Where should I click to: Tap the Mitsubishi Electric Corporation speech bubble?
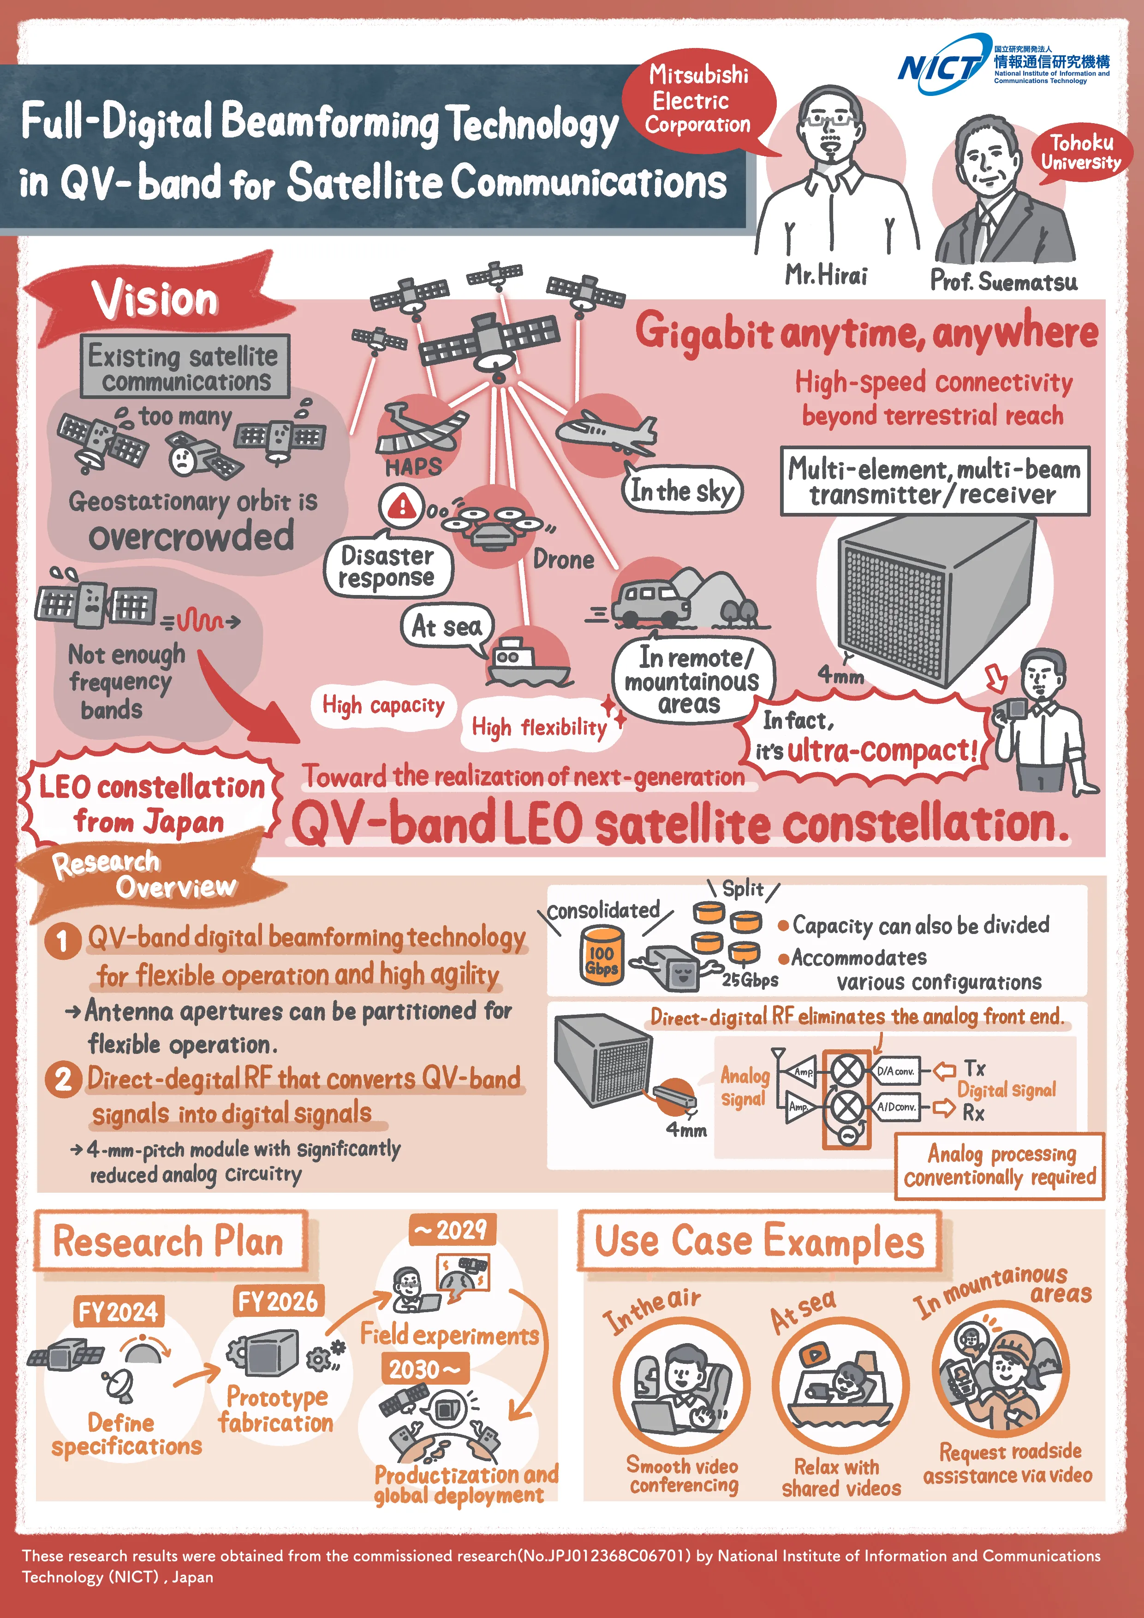tap(698, 99)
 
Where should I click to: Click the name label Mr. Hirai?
tap(826, 275)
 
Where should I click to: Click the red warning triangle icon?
tap(402, 505)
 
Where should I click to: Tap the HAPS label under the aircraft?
tap(413, 466)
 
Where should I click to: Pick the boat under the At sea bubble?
tap(525, 662)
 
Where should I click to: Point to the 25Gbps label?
tap(750, 980)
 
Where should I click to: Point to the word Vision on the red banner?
tap(155, 299)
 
